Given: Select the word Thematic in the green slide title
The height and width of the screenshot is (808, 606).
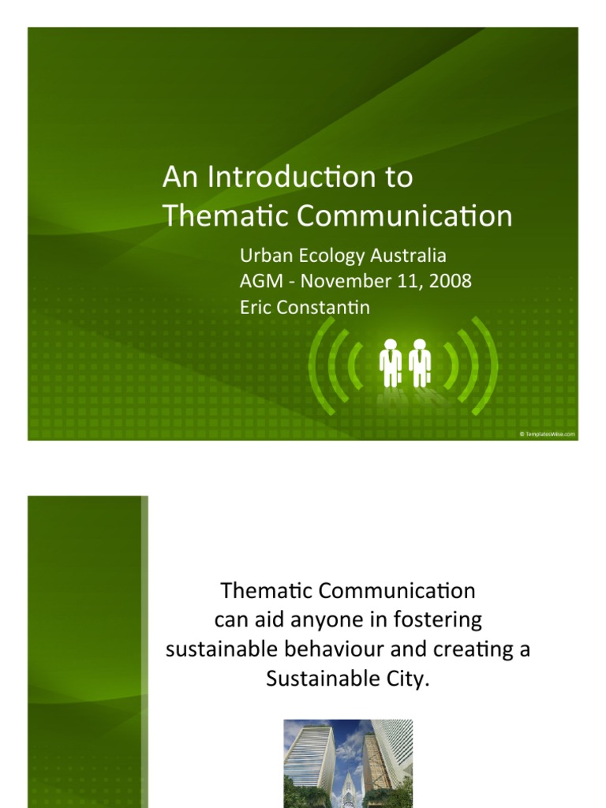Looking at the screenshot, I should [x=214, y=215].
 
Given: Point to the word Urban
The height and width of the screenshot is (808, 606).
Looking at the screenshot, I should [x=262, y=256].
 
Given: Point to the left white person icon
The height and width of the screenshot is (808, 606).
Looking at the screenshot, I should [x=391, y=362].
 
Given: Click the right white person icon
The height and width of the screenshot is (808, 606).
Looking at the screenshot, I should [x=420, y=362].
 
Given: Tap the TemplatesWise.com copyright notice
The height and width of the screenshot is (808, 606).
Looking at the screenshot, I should [x=548, y=434].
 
